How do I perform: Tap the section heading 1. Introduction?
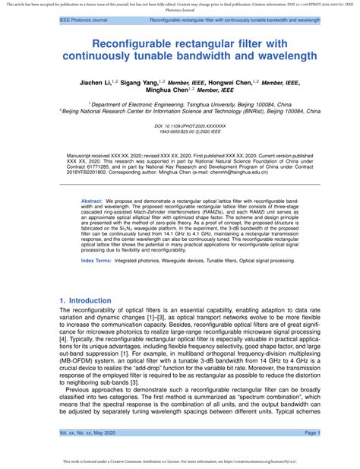point(86,301)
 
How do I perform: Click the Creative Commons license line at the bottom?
point(180,461)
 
